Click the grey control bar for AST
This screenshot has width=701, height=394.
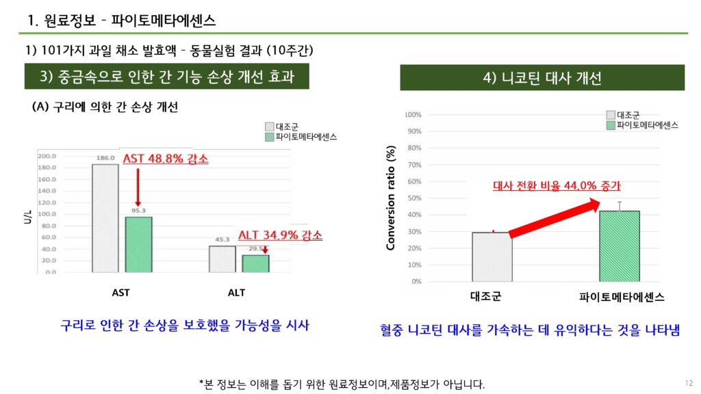pos(105,218)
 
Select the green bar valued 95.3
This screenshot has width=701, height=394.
pos(138,244)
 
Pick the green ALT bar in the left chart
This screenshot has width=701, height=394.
pos(255,263)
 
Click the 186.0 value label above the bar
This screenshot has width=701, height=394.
pos(105,158)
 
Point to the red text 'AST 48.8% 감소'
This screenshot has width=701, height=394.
pos(165,159)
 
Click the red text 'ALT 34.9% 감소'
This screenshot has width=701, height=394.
pos(279,235)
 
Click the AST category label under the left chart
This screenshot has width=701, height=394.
pos(120,293)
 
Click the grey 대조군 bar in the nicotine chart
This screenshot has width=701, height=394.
pos(492,257)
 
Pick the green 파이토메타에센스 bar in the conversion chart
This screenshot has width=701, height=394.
pos(619,246)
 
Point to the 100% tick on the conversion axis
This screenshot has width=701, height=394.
pos(413,115)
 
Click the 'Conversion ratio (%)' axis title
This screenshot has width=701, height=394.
pos(391,198)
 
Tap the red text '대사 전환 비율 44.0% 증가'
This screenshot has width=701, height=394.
pos(561,185)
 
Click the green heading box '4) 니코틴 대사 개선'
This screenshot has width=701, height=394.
pos(542,78)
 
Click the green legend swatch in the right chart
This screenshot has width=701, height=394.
pos(611,125)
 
